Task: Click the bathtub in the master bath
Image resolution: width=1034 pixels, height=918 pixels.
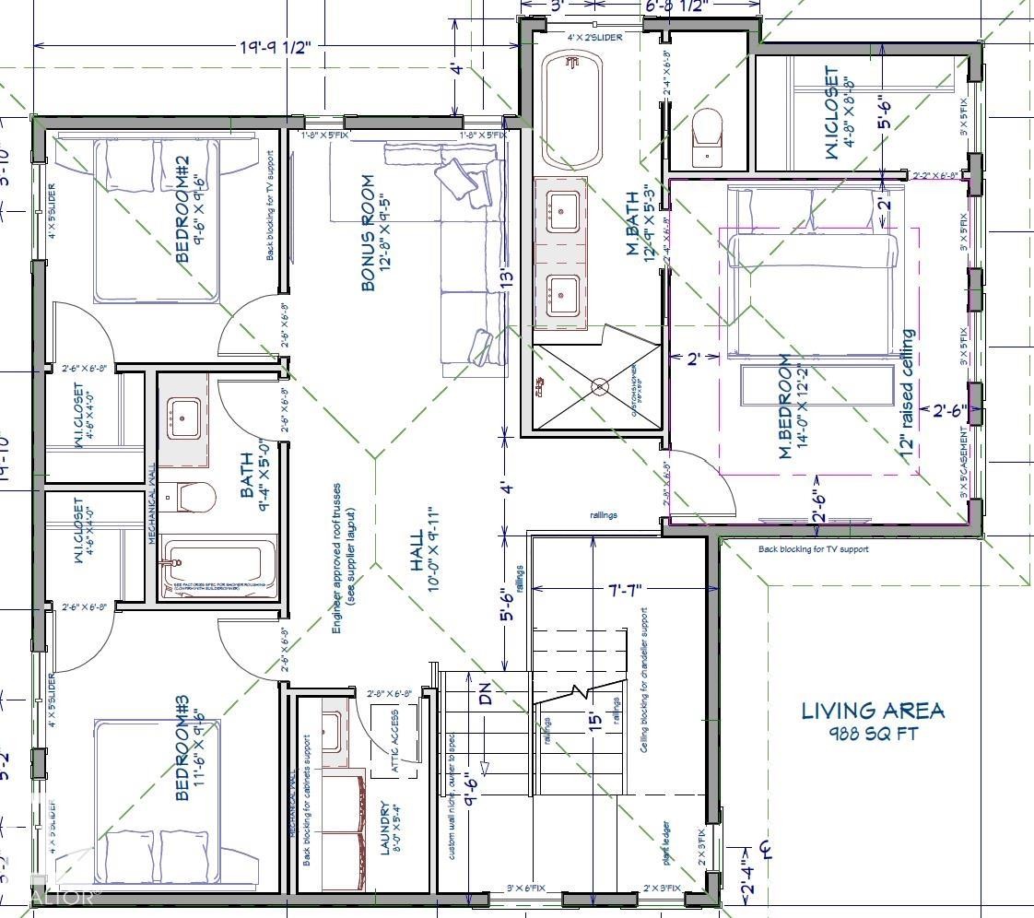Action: [571, 112]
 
